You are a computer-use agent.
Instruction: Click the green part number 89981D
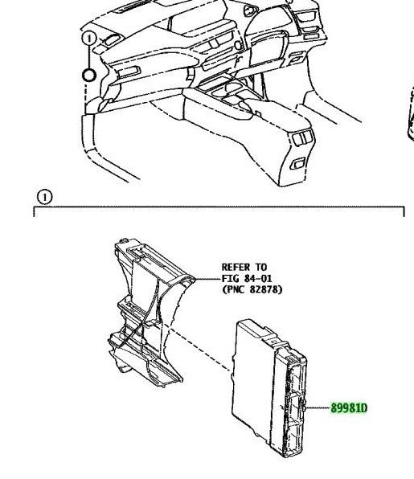tap(349, 408)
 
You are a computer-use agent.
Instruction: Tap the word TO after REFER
tap(261, 268)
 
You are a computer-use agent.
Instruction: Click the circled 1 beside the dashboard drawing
tap(89, 39)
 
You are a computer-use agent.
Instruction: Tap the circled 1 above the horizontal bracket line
tap(44, 198)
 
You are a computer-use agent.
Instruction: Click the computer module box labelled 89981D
tap(268, 388)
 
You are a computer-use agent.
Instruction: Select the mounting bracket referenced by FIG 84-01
tap(146, 315)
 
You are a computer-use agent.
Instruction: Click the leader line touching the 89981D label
tap(318, 407)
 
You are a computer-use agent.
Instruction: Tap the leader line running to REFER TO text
tap(207, 279)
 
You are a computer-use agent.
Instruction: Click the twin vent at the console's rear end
tap(302, 138)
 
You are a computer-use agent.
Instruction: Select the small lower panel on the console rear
tap(298, 163)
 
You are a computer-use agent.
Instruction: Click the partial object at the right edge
tap(411, 113)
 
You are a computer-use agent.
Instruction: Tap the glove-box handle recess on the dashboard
tap(129, 72)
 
